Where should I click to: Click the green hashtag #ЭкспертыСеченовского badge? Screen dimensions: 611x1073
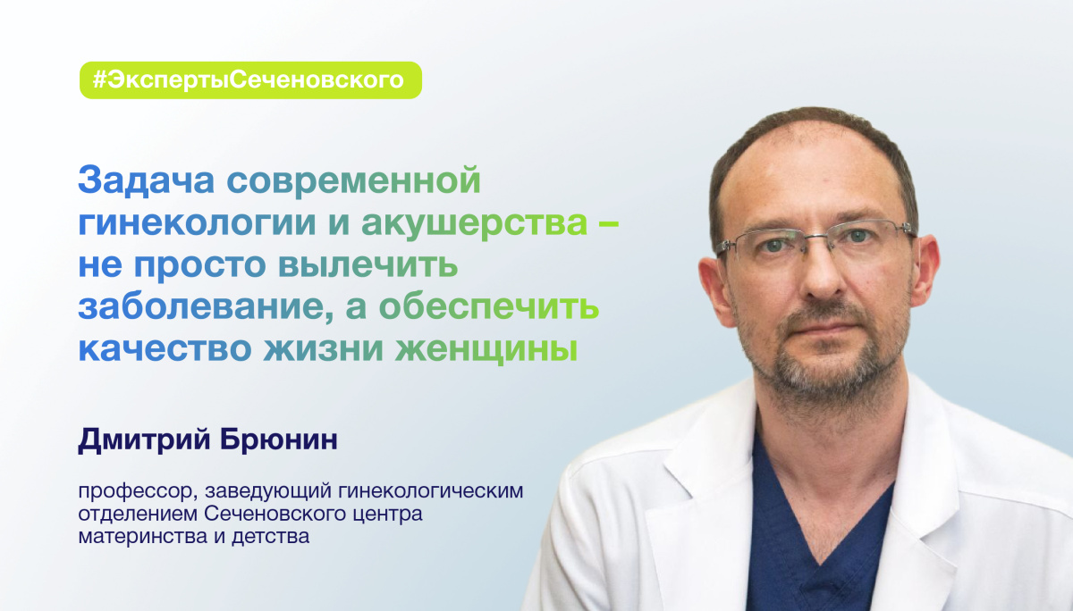pyautogui.click(x=250, y=80)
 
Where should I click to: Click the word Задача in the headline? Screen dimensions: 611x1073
pyautogui.click(x=147, y=182)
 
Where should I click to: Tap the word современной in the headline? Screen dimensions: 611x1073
pyautogui.click(x=354, y=182)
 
